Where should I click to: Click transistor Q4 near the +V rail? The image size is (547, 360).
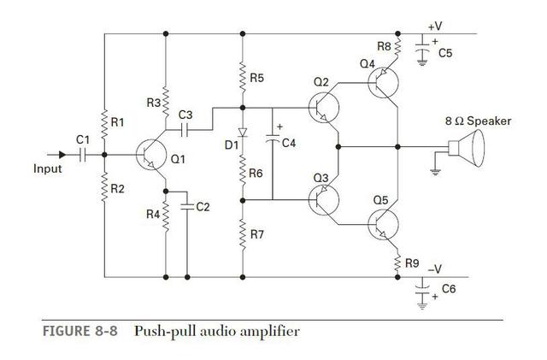click(385, 83)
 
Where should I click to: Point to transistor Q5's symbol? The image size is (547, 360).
click(384, 225)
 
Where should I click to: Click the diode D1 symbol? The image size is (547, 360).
click(243, 133)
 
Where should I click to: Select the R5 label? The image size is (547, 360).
click(257, 78)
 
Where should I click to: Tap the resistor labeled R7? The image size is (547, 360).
click(243, 234)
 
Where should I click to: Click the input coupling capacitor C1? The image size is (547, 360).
click(83, 155)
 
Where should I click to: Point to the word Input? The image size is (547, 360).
click(48, 168)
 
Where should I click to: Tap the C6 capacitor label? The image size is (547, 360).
click(449, 289)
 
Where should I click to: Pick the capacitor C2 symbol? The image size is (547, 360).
click(187, 206)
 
